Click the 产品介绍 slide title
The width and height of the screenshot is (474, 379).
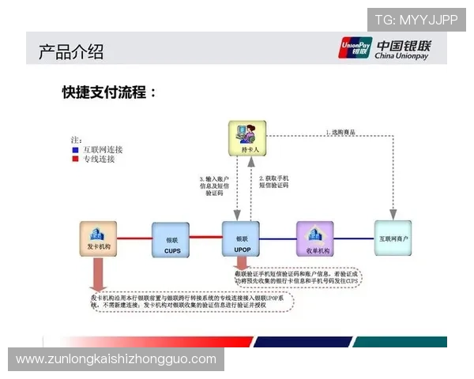(71, 52)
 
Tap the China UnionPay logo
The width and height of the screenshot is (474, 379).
(390, 49)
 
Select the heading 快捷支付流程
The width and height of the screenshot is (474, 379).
(110, 92)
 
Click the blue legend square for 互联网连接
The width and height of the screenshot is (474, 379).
(75, 149)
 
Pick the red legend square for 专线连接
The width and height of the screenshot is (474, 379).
(75, 159)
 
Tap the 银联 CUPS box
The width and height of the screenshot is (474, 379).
(171, 240)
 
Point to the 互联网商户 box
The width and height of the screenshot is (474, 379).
(392, 238)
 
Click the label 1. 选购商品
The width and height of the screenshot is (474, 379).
(345, 132)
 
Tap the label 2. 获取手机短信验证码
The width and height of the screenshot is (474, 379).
(274, 183)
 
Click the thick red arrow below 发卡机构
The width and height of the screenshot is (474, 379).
(98, 276)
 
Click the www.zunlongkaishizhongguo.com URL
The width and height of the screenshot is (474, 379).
(116, 359)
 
